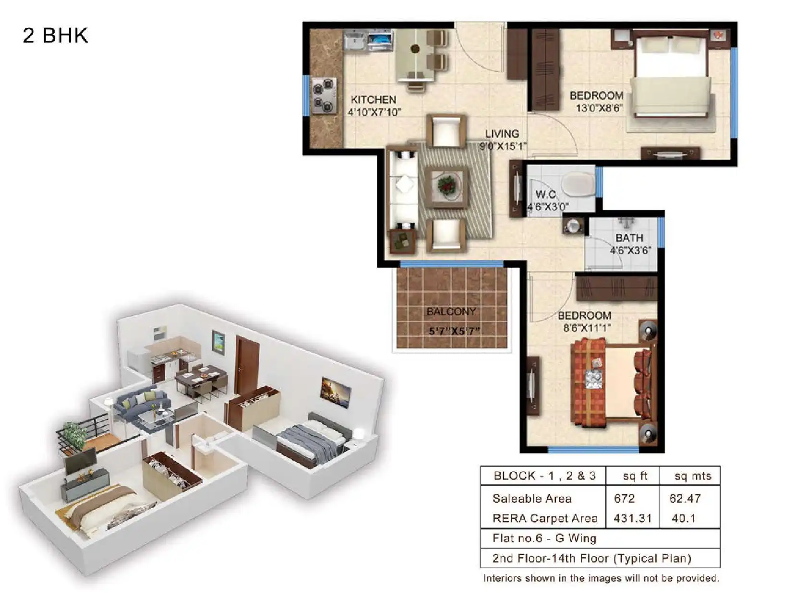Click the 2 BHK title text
[55, 36]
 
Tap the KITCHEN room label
[373, 100]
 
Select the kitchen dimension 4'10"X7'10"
[374, 112]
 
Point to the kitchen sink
[355, 40]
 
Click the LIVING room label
[502, 134]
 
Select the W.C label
[545, 194]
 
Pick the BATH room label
[629, 238]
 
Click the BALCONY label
[451, 311]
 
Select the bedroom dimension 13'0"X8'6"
[599, 108]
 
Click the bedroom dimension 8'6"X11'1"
[587, 328]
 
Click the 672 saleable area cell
[624, 499]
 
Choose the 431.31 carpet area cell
[632, 518]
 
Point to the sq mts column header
[693, 476]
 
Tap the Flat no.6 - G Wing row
[544, 538]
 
